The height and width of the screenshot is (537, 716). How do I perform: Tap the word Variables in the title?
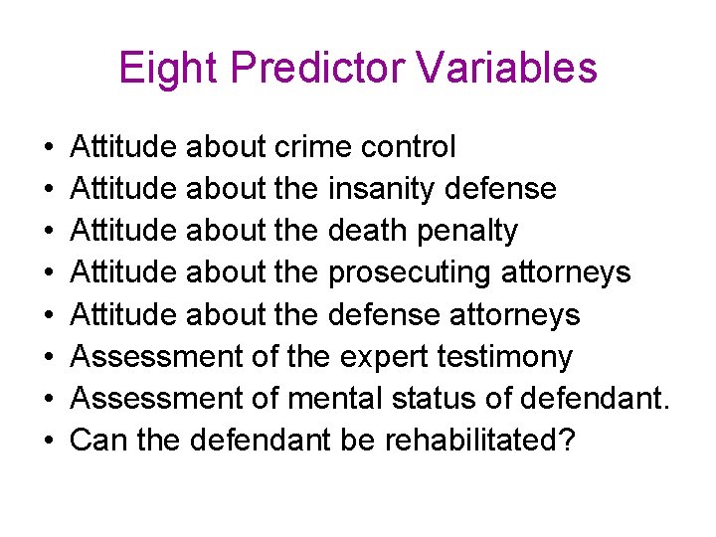[506, 68]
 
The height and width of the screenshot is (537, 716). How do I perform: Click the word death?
[370, 231]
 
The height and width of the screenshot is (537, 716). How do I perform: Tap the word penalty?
[469, 232]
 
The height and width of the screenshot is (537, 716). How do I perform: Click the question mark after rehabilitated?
[567, 440]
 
